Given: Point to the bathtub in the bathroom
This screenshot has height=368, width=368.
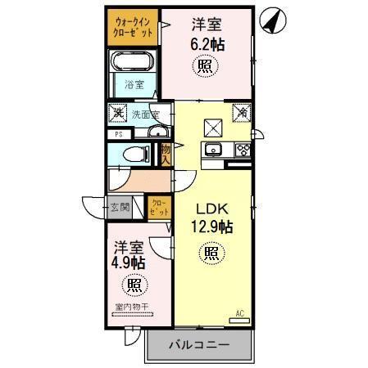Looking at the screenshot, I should tap(132, 63).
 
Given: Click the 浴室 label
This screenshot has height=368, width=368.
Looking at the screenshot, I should tap(133, 83).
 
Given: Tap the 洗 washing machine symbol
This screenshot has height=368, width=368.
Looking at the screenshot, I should tap(118, 113).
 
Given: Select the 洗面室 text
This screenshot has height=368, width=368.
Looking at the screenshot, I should tap(145, 114).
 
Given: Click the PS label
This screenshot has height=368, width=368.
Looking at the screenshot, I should tap(119, 134).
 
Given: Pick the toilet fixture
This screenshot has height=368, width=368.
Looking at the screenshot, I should tap(136, 155).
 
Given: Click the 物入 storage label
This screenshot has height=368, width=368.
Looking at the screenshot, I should tap(166, 155).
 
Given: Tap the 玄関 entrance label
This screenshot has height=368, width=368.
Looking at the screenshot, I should tap(120, 207).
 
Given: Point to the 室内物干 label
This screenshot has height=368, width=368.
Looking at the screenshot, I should tap(132, 307).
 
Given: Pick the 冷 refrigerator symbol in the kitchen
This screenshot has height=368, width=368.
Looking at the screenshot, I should tap(243, 113).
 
